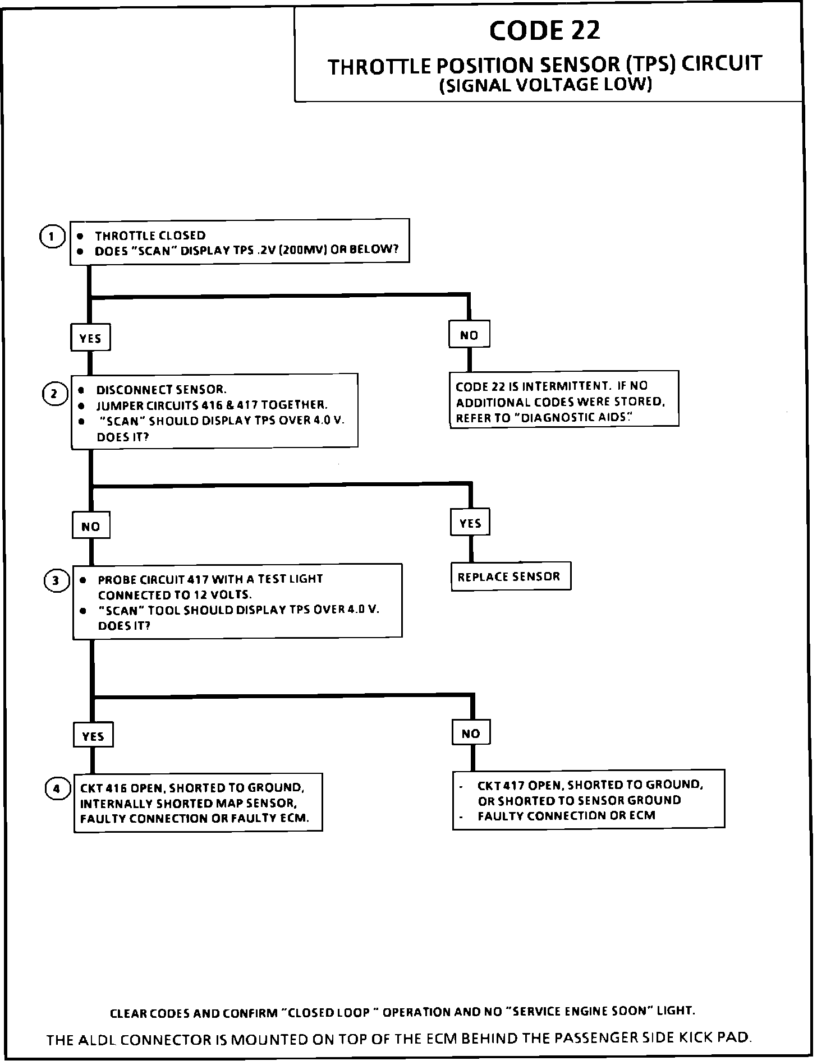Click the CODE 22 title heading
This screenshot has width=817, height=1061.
[544, 31]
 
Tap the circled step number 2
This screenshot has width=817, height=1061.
[54, 394]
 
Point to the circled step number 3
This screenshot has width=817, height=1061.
[56, 580]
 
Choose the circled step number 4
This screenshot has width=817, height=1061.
[57, 789]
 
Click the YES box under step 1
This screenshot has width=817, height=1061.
[90, 338]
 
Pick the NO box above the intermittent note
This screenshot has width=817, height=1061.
[469, 335]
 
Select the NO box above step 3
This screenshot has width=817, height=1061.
[91, 526]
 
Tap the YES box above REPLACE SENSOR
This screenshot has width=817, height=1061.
[470, 523]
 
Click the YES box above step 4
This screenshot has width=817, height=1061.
[93, 736]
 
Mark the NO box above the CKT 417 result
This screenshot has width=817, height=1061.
[471, 733]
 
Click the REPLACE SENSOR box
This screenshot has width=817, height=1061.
[510, 576]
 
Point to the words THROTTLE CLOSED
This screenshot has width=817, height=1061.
[150, 236]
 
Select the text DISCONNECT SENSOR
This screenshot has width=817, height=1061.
[161, 389]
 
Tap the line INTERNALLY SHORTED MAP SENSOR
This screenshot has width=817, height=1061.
[187, 803]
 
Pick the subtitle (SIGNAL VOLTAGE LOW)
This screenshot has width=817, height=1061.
[545, 85]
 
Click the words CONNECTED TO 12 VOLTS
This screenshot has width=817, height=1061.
[175, 594]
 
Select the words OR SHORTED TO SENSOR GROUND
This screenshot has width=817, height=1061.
[579, 800]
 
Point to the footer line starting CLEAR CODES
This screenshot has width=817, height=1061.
[402, 1012]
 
